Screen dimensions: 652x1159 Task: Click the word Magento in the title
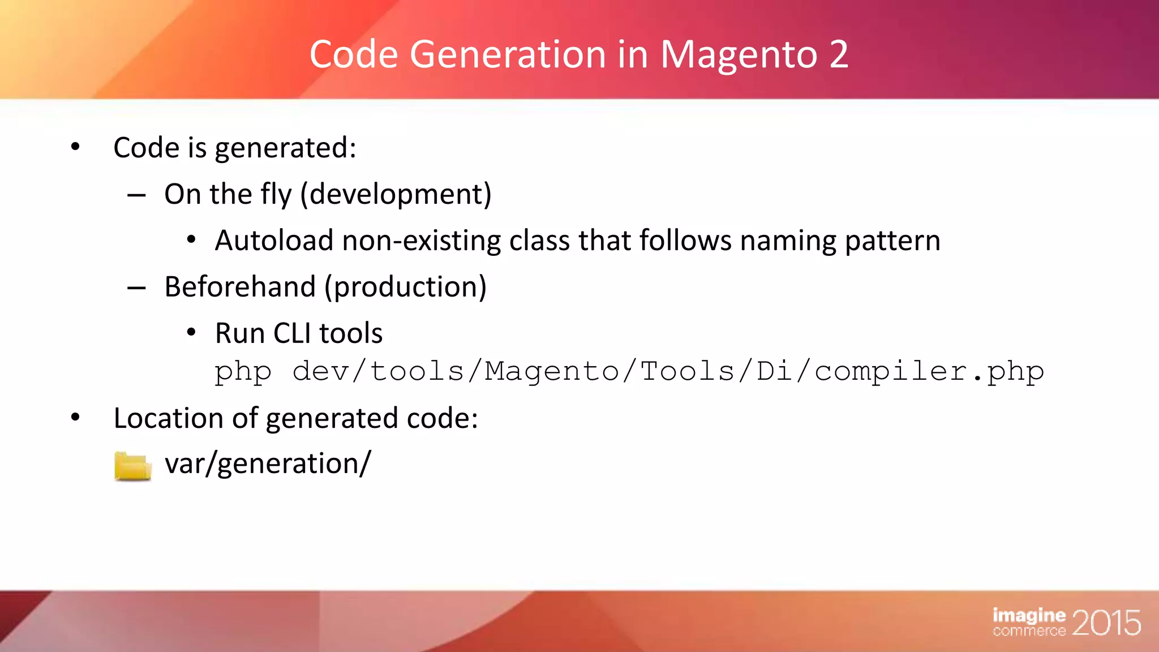click(739, 55)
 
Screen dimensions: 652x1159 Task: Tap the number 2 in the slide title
click(839, 55)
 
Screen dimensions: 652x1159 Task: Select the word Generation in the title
click(507, 55)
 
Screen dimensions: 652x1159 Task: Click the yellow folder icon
click(132, 466)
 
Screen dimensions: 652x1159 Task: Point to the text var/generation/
click(268, 464)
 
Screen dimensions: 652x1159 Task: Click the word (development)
click(396, 194)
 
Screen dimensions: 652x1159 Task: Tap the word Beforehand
click(240, 287)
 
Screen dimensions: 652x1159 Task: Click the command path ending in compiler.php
click(668, 372)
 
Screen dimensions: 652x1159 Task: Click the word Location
click(168, 418)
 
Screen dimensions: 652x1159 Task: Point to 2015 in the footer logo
click(1106, 623)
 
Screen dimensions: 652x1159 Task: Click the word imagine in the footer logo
click(1029, 615)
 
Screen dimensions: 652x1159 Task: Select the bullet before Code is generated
click(76, 148)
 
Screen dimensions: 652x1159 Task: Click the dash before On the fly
click(136, 195)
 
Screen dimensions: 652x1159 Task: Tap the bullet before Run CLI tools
click(191, 333)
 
